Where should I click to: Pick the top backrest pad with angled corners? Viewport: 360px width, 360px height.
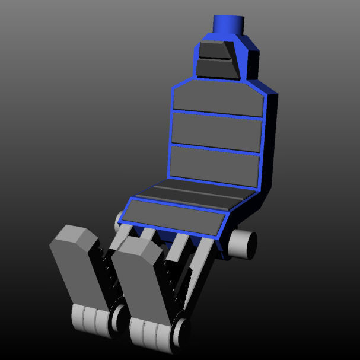tap(218, 98)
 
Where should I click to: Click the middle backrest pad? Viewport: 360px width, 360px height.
tap(215, 130)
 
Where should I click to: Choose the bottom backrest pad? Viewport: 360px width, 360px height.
tap(214, 164)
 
